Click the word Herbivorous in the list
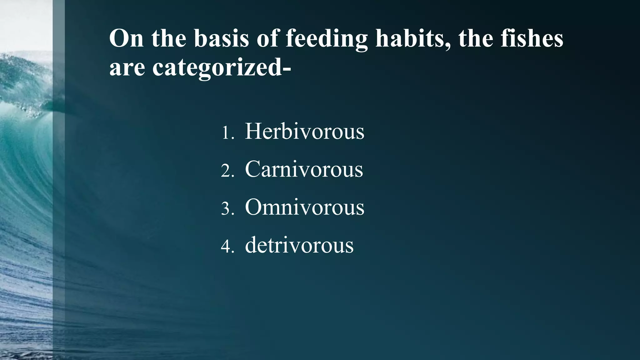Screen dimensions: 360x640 pyautogui.click(x=304, y=132)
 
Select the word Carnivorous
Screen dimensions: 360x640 pyautogui.click(x=304, y=170)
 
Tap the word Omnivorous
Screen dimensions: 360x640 pyautogui.click(x=304, y=207)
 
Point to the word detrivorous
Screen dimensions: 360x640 pyautogui.click(x=299, y=245)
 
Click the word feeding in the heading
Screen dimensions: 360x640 pyautogui.click(x=327, y=39)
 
